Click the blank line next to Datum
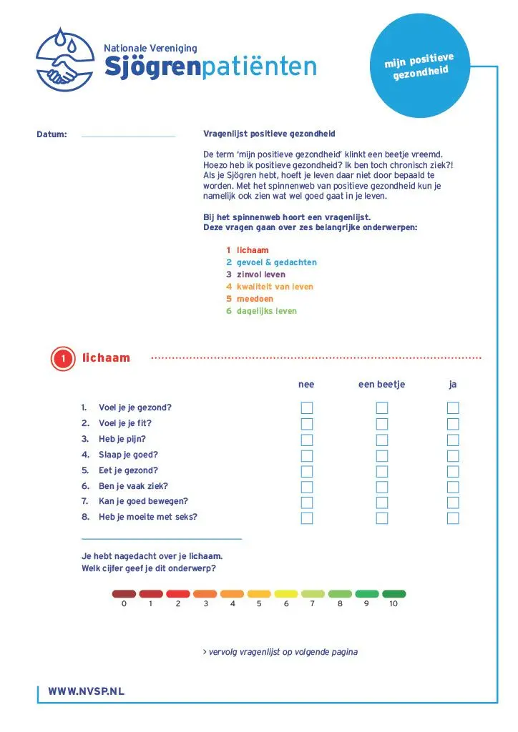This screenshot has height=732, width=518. pos(128,134)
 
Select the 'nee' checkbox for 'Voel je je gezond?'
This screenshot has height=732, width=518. pos(307,408)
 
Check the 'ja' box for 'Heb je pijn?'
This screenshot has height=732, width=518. pos(453,440)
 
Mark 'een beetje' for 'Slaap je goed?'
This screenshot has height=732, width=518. pos(382,455)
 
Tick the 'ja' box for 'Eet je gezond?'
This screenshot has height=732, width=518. pos(453,471)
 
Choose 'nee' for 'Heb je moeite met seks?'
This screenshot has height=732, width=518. pos(307,518)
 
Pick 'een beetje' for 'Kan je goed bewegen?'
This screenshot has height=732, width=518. pos(382,503)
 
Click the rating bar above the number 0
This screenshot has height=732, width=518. pos(124,593)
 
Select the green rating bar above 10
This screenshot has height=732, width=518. pos(394,593)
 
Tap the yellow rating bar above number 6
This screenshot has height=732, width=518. pos(286,593)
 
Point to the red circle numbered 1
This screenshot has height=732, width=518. pos(64,358)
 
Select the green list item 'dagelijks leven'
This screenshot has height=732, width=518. pos(266,311)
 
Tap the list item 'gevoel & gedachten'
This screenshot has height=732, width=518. pos(276,262)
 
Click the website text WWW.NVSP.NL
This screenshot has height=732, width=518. pos(86,692)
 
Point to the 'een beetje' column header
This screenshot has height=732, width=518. pos(381,385)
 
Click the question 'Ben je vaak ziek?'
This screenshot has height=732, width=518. pos(133,486)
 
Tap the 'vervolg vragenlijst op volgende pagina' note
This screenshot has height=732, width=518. pos(280,652)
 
